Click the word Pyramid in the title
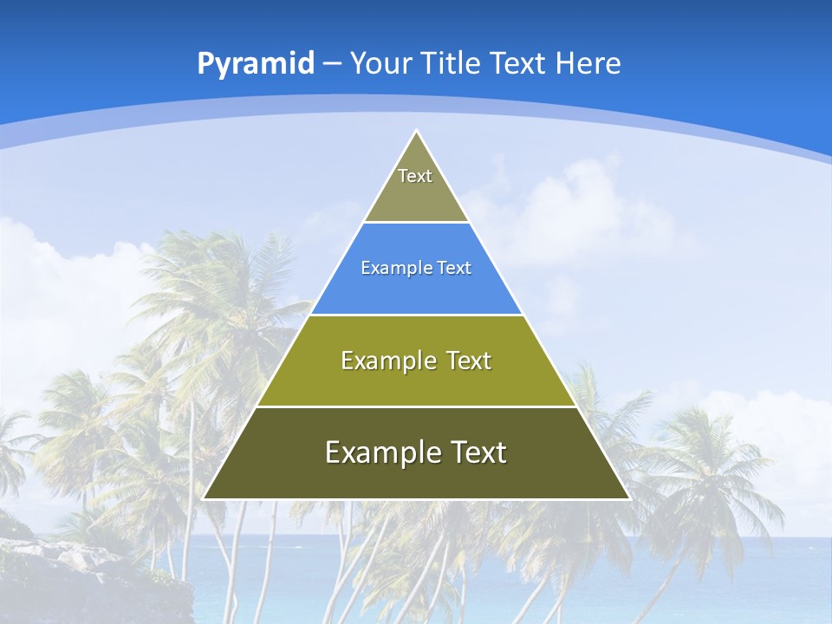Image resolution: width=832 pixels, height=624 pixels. click(x=256, y=64)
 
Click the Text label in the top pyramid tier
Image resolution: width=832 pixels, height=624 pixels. click(x=415, y=176)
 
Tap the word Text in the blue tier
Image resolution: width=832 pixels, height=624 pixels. click(x=454, y=269)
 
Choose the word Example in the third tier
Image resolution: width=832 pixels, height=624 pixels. click(x=384, y=361)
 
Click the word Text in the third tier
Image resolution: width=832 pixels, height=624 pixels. click(x=469, y=361)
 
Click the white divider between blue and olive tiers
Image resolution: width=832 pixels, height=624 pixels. click(x=416, y=315)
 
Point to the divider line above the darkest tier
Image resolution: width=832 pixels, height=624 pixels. click(x=416, y=406)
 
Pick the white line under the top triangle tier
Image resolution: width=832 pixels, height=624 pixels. click(x=416, y=222)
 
